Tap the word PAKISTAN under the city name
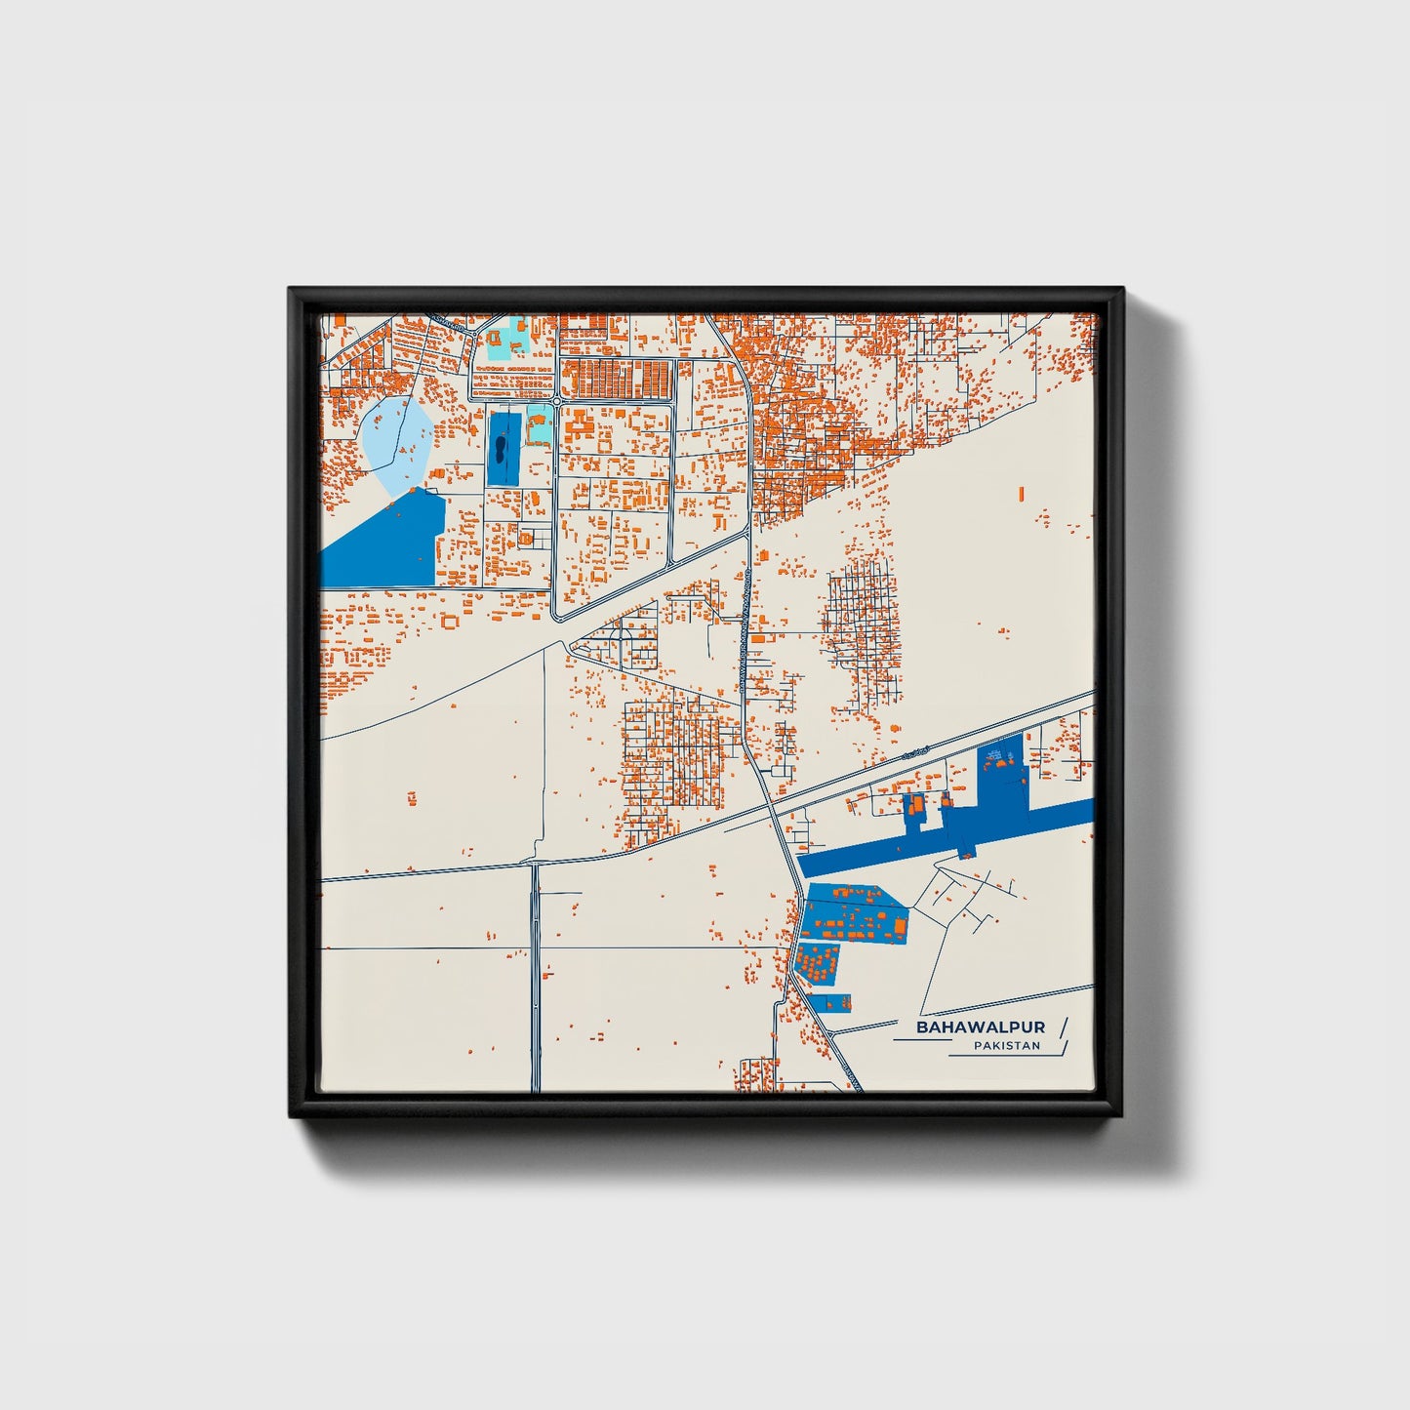(x=1006, y=1046)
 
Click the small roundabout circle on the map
(x=555, y=401)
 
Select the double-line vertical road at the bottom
(x=535, y=976)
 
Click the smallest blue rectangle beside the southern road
(x=836, y=1001)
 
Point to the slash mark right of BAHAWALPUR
(x=1063, y=1027)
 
